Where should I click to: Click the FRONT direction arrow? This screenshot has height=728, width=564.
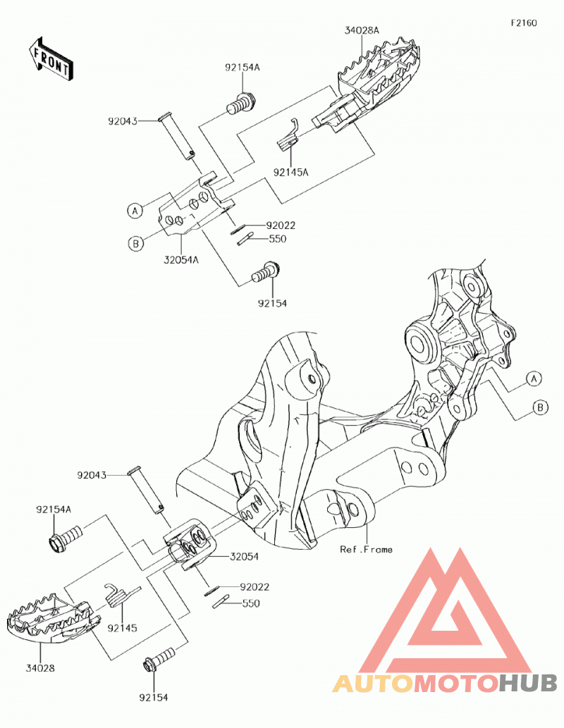click(50, 58)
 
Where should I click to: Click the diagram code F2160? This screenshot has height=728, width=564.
click(524, 23)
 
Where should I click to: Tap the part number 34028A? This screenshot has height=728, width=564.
click(362, 30)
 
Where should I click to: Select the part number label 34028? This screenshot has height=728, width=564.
click(40, 668)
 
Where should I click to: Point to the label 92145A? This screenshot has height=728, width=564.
click(291, 172)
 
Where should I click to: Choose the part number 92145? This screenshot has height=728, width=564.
click(122, 628)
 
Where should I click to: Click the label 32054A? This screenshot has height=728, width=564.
click(180, 260)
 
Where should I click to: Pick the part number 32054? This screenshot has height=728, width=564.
click(244, 557)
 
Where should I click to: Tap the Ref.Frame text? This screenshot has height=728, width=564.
click(366, 550)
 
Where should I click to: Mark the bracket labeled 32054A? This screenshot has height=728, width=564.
click(195, 204)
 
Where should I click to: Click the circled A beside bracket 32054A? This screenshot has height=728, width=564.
click(135, 211)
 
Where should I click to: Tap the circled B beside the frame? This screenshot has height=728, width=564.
click(540, 407)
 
